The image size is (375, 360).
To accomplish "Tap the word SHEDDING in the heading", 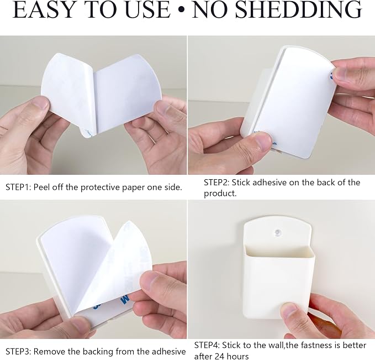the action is [x=298, y=9].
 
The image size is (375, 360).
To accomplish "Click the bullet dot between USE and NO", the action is [x=182, y=9].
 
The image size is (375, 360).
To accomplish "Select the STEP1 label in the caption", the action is [x=18, y=187].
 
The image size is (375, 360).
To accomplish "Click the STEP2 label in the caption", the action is [x=216, y=182].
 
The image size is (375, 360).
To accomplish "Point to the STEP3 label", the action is [x=18, y=351].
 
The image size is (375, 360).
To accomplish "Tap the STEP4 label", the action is [x=207, y=345].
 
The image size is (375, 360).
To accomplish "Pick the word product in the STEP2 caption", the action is [x=219, y=194].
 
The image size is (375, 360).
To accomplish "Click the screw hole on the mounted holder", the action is [x=278, y=232].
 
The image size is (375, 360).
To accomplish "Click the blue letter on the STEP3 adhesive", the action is [x=125, y=299].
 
